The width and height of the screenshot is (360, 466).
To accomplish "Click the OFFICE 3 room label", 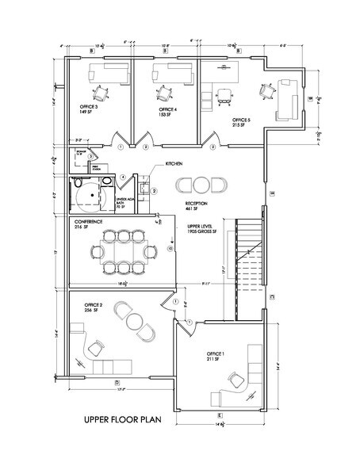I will point(88,106).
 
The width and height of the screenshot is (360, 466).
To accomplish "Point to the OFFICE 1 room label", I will point(215,353).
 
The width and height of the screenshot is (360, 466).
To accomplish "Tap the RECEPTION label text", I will point(196,203).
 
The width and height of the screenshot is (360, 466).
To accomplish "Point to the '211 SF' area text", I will point(212,359).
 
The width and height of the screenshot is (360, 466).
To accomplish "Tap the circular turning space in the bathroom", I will point(89,193).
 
